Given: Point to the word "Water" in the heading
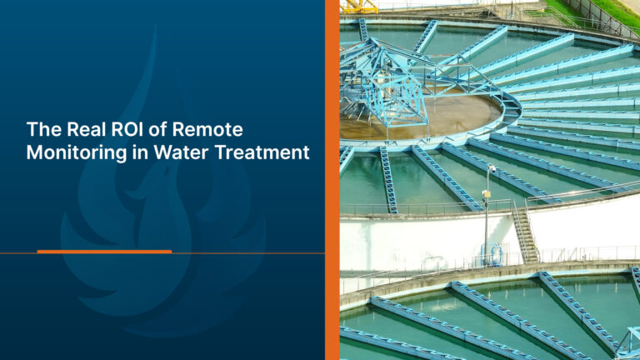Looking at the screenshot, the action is [181, 152].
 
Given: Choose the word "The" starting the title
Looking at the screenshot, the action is [43, 129].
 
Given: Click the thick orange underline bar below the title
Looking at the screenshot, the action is [104, 252].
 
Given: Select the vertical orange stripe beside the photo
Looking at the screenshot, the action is [332, 180].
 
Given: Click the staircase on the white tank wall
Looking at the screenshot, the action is [526, 232].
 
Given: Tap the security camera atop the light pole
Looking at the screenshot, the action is [492, 168].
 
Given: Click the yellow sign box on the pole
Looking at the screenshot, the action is [486, 194].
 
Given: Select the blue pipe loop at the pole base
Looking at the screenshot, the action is [492, 253].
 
